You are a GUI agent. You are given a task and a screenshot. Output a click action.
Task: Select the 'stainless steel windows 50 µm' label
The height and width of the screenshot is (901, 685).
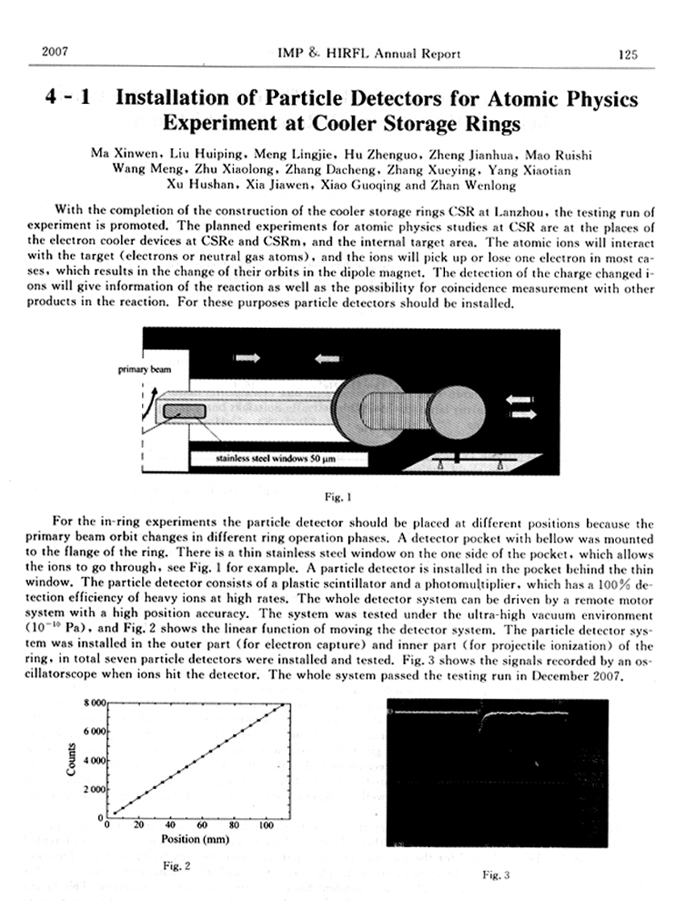click(x=274, y=460)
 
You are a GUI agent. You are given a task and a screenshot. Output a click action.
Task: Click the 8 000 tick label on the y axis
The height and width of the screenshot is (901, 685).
click(x=93, y=704)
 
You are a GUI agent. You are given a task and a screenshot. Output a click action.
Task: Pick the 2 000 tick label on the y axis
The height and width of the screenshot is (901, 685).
click(x=93, y=790)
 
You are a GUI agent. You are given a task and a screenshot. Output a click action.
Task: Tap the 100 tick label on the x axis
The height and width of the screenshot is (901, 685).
click(x=264, y=825)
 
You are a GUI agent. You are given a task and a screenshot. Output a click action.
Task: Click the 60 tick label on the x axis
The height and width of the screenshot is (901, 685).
click(x=201, y=825)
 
